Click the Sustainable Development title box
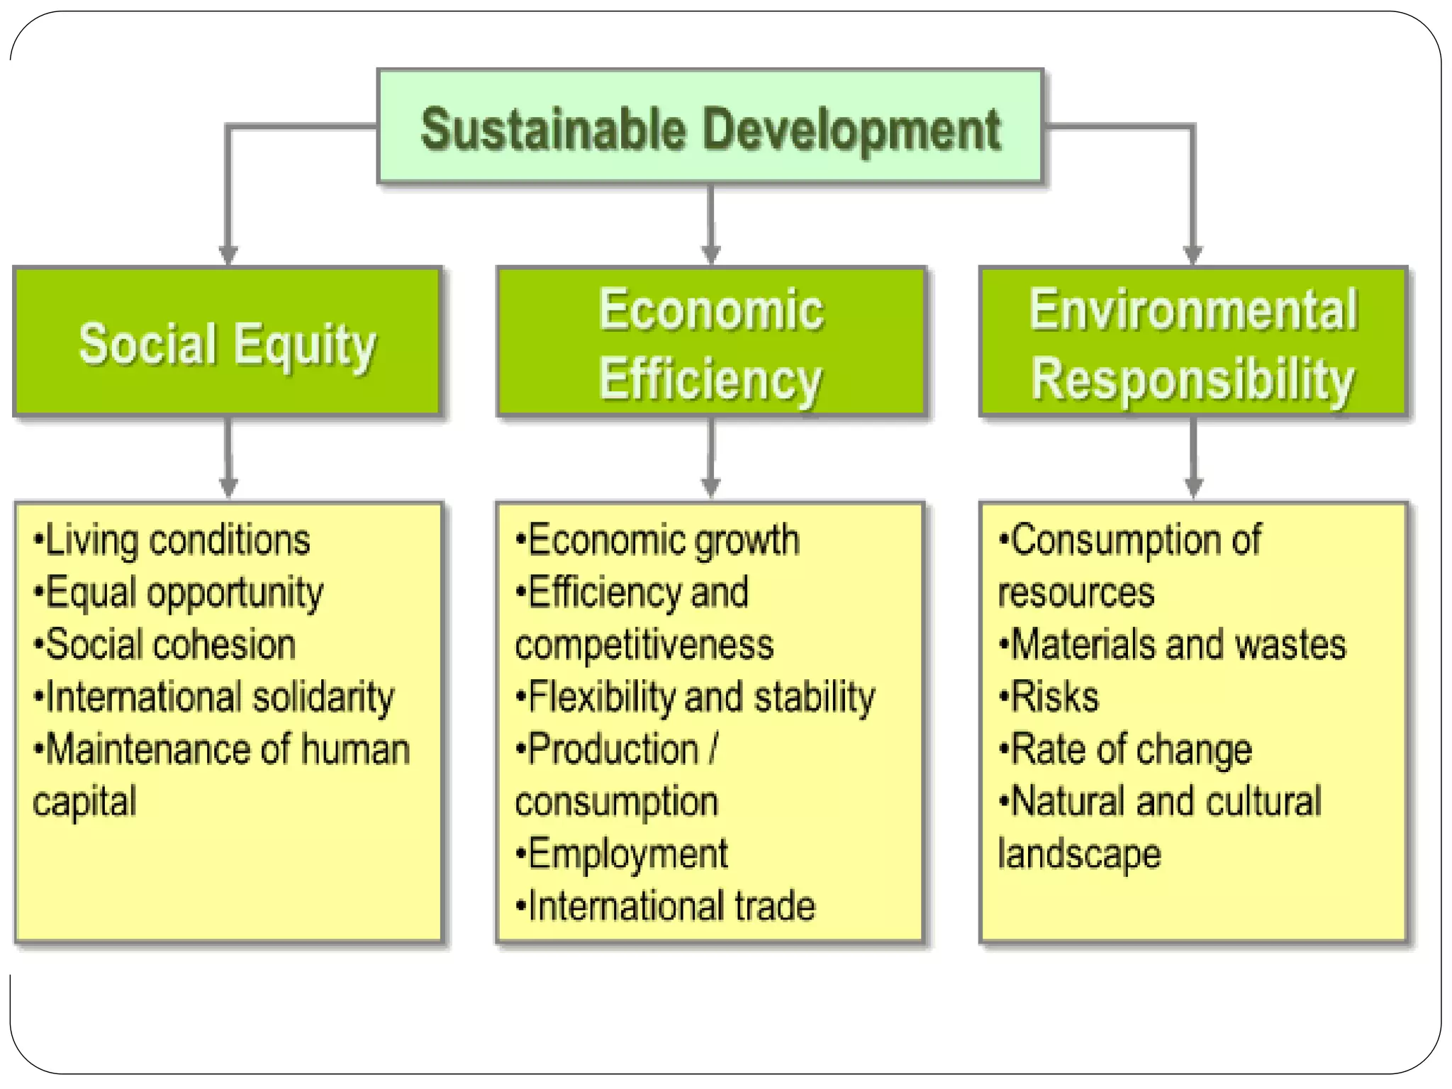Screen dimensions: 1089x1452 (710, 128)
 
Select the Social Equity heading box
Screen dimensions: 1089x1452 (228, 342)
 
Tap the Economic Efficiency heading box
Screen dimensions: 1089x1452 (711, 342)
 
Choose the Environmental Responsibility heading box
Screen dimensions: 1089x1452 (1193, 342)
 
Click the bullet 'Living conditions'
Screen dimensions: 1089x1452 (172, 540)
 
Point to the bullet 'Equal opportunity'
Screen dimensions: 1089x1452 (179, 593)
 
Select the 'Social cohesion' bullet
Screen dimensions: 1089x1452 (164, 644)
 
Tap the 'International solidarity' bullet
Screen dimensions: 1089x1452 (214, 697)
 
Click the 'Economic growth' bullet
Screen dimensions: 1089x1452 (658, 540)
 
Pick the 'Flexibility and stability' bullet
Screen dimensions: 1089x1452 (696, 697)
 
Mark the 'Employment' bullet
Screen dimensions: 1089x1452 (622, 854)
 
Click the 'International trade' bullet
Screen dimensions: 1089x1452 (666, 906)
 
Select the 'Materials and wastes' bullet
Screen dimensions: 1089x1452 (1172, 644)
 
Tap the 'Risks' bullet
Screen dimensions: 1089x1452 (1049, 697)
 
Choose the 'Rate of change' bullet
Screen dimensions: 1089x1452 (1125, 749)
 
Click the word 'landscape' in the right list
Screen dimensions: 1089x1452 (1080, 854)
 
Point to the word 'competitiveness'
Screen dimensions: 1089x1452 (644, 645)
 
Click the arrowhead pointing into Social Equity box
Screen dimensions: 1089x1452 (228, 255)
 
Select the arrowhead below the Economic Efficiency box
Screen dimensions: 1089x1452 (711, 486)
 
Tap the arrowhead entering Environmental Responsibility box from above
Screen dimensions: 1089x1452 (1193, 255)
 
